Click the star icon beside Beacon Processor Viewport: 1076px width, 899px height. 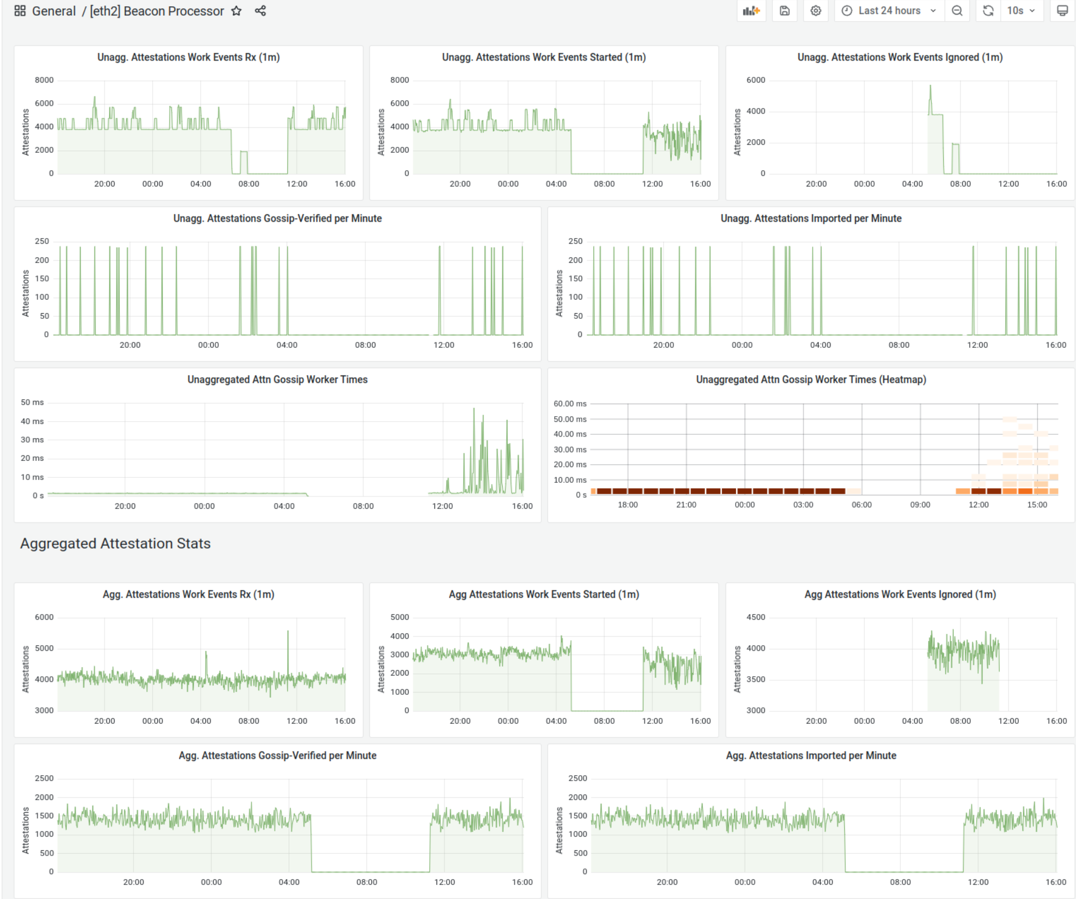(x=236, y=11)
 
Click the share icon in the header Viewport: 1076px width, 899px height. (x=260, y=11)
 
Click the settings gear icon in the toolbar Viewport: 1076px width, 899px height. (x=815, y=11)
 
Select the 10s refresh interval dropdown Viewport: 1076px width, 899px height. (x=1021, y=11)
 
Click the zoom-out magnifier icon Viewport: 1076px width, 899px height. (x=957, y=11)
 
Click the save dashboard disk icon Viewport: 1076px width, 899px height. (x=784, y=11)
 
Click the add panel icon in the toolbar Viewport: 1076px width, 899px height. (x=751, y=11)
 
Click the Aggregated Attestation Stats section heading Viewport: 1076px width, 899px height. (x=115, y=543)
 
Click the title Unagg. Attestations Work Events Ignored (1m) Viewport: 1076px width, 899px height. (x=900, y=57)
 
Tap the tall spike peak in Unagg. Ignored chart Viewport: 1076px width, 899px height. (x=930, y=87)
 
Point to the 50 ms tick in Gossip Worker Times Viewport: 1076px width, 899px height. (x=32, y=403)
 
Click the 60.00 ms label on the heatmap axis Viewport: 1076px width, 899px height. (x=569, y=404)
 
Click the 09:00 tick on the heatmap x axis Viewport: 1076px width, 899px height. (x=920, y=505)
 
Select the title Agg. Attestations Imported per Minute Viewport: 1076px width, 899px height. (x=811, y=755)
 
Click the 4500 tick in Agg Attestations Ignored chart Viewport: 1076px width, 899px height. (x=755, y=617)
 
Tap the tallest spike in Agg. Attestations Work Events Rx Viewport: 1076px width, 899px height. (x=288, y=632)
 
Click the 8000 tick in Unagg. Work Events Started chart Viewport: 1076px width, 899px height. (x=399, y=80)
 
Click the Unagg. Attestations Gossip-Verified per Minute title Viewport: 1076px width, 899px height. (x=277, y=218)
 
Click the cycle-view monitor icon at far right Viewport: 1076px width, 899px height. (x=1062, y=11)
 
